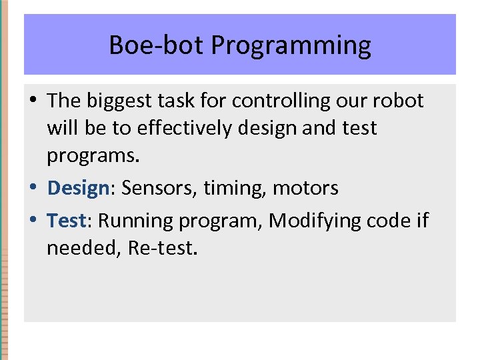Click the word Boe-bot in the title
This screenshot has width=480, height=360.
point(157,45)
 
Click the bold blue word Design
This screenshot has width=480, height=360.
point(78,189)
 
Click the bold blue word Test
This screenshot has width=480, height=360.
point(67,221)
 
